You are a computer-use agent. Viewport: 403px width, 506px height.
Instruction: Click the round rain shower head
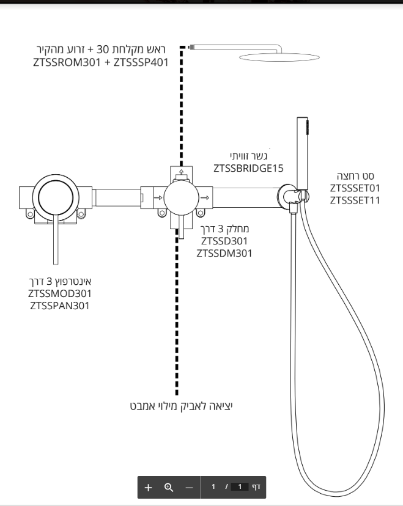coord(279,57)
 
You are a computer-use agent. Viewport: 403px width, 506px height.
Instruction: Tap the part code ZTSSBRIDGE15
coord(249,168)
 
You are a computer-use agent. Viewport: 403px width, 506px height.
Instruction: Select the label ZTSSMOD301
coord(60,294)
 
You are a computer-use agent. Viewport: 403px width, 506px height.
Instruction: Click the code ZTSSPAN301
coord(60,306)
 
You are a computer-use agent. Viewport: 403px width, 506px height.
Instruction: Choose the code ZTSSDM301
coord(224,253)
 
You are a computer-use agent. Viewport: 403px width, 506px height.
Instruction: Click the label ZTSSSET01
coord(355,188)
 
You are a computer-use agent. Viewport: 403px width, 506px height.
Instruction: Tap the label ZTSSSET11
coord(355,200)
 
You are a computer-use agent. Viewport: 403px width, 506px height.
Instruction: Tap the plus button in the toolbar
coord(148,487)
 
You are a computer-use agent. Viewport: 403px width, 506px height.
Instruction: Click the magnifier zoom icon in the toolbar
coord(169,487)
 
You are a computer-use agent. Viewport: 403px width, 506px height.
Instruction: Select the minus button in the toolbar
coord(189,487)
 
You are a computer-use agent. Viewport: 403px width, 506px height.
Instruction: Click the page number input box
coord(239,487)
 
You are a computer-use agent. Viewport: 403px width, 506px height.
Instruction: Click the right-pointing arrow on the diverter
coord(205,197)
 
